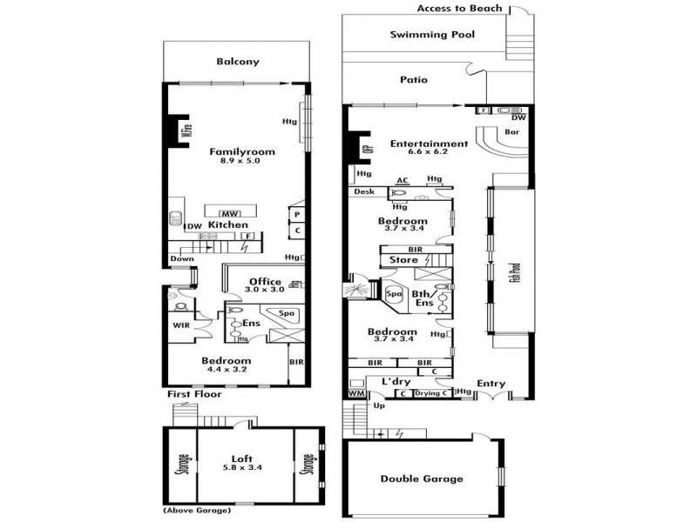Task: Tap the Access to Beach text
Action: [459, 9]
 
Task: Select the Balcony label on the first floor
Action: [237, 62]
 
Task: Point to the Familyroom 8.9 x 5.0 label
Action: [241, 156]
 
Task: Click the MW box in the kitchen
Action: [230, 213]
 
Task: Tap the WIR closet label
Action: [181, 325]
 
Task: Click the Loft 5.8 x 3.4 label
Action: [241, 462]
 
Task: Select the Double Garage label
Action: [422, 478]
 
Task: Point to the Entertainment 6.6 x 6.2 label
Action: [429, 148]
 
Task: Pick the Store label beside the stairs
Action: [403, 259]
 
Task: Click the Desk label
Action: [364, 191]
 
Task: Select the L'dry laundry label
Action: [396, 381]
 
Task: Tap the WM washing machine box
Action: [355, 394]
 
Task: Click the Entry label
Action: [491, 383]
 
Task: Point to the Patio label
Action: [414, 80]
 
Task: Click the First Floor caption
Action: [194, 394]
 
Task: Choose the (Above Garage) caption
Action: [197, 510]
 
